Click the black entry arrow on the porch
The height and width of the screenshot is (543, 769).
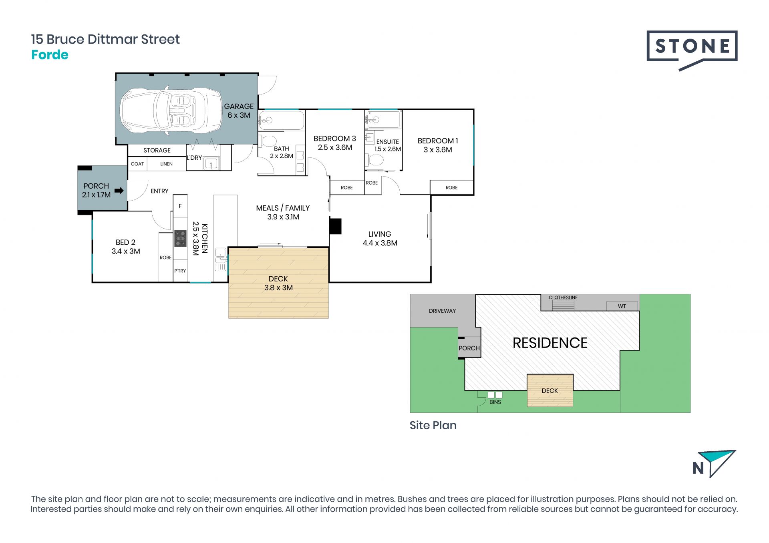tap(119, 191)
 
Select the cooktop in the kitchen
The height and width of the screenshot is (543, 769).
tap(180, 238)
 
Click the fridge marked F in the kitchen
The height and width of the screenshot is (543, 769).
tap(180, 206)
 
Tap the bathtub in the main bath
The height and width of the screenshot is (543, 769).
tap(281, 120)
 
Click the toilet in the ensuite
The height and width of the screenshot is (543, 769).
tap(374, 161)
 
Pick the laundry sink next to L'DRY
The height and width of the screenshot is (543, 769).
tap(211, 164)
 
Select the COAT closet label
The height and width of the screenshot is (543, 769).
tap(137, 164)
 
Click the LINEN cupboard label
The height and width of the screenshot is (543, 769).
tap(166, 164)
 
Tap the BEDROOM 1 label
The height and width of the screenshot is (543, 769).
tap(437, 141)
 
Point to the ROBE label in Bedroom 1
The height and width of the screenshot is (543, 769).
tap(451, 187)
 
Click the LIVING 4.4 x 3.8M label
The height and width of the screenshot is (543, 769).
tap(380, 239)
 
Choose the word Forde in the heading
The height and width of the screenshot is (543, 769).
tap(50, 55)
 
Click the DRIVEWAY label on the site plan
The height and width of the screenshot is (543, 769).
tap(442, 311)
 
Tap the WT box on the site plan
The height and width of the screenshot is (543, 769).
tap(622, 306)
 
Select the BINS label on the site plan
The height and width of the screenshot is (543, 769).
tap(495, 402)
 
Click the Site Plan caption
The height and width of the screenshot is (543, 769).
tap(433, 425)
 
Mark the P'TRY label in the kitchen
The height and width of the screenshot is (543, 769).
tap(180, 271)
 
